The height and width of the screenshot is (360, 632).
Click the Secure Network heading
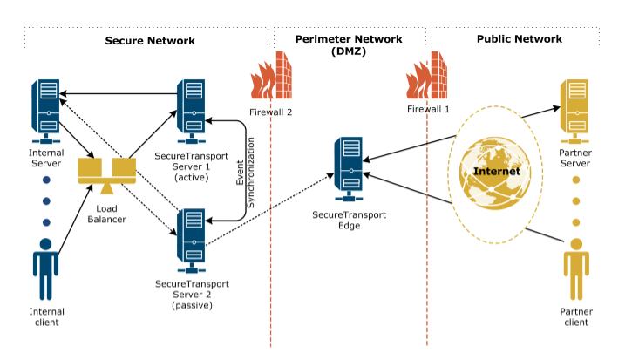coord(150,40)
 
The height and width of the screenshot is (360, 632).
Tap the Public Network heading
coord(520,39)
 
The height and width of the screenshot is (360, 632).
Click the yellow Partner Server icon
coord(574,110)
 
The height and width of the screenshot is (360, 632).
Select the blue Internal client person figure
coord(46,267)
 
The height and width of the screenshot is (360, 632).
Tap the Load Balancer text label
coord(106,214)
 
